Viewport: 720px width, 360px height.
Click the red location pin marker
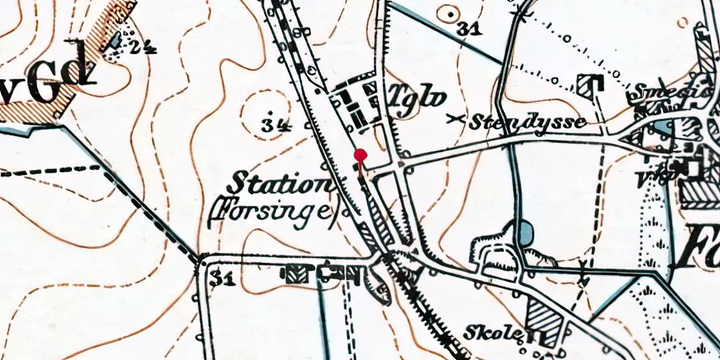(x=361, y=156)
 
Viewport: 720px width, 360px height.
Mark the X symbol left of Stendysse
(x=454, y=119)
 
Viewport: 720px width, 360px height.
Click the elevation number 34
(x=276, y=125)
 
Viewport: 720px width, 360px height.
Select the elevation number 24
(x=143, y=47)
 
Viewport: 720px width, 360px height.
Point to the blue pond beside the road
(x=525, y=231)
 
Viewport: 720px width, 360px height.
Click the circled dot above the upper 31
(x=451, y=12)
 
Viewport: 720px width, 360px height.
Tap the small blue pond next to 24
(x=114, y=42)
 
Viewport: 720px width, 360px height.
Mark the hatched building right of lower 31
(x=294, y=273)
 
